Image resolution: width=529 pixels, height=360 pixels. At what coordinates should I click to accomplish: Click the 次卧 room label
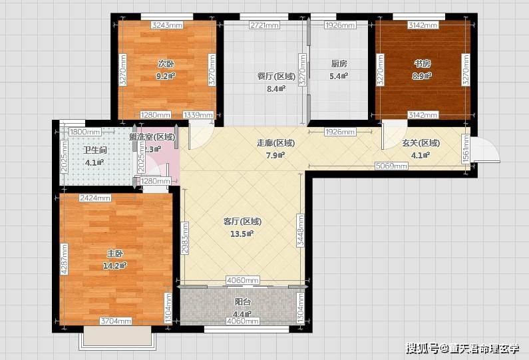tap(166, 64)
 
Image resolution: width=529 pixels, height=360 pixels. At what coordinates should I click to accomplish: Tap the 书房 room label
tap(423, 64)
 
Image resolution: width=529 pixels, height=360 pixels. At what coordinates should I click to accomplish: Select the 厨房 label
tap(339, 64)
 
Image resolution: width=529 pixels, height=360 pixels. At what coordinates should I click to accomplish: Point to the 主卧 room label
tap(114, 254)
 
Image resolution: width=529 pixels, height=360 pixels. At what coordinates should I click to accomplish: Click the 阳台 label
tap(242, 301)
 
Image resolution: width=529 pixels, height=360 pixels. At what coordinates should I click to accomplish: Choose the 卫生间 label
tap(94, 150)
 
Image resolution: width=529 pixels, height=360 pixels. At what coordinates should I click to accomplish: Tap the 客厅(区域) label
tap(242, 222)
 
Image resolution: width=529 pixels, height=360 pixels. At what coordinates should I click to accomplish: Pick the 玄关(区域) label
tap(421, 142)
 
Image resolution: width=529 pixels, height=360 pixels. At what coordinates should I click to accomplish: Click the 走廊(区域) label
tap(275, 142)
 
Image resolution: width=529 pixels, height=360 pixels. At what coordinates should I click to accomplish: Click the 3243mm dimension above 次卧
tap(167, 25)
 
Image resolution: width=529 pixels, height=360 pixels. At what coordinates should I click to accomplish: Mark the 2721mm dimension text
tap(264, 25)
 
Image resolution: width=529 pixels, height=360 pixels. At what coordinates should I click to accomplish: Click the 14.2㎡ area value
tap(114, 266)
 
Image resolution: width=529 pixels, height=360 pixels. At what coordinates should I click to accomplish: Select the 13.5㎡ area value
tap(242, 234)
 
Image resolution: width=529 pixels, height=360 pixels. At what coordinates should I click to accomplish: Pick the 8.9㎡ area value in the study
tap(423, 76)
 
